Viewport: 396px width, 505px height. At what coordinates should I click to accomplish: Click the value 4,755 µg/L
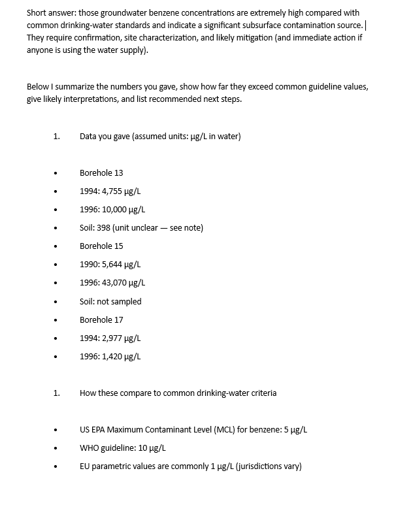tap(122, 191)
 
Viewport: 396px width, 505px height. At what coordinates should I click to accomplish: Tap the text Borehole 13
tap(101, 173)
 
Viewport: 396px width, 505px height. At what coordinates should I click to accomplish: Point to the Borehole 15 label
tap(101, 246)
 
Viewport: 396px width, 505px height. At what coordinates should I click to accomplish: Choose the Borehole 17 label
tap(101, 320)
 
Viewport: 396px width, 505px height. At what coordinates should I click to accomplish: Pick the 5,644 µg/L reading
tap(122, 265)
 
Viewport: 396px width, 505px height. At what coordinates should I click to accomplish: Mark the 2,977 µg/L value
tap(122, 338)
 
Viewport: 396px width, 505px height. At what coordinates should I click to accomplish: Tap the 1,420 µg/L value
tap(122, 357)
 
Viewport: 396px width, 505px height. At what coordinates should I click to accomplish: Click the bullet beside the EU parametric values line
tap(56, 467)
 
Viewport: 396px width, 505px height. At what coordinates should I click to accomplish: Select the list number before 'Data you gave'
tap(56, 137)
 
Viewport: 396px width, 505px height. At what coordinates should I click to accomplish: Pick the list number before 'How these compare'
tap(56, 393)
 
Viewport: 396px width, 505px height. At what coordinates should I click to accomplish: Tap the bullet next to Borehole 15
tap(56, 247)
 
